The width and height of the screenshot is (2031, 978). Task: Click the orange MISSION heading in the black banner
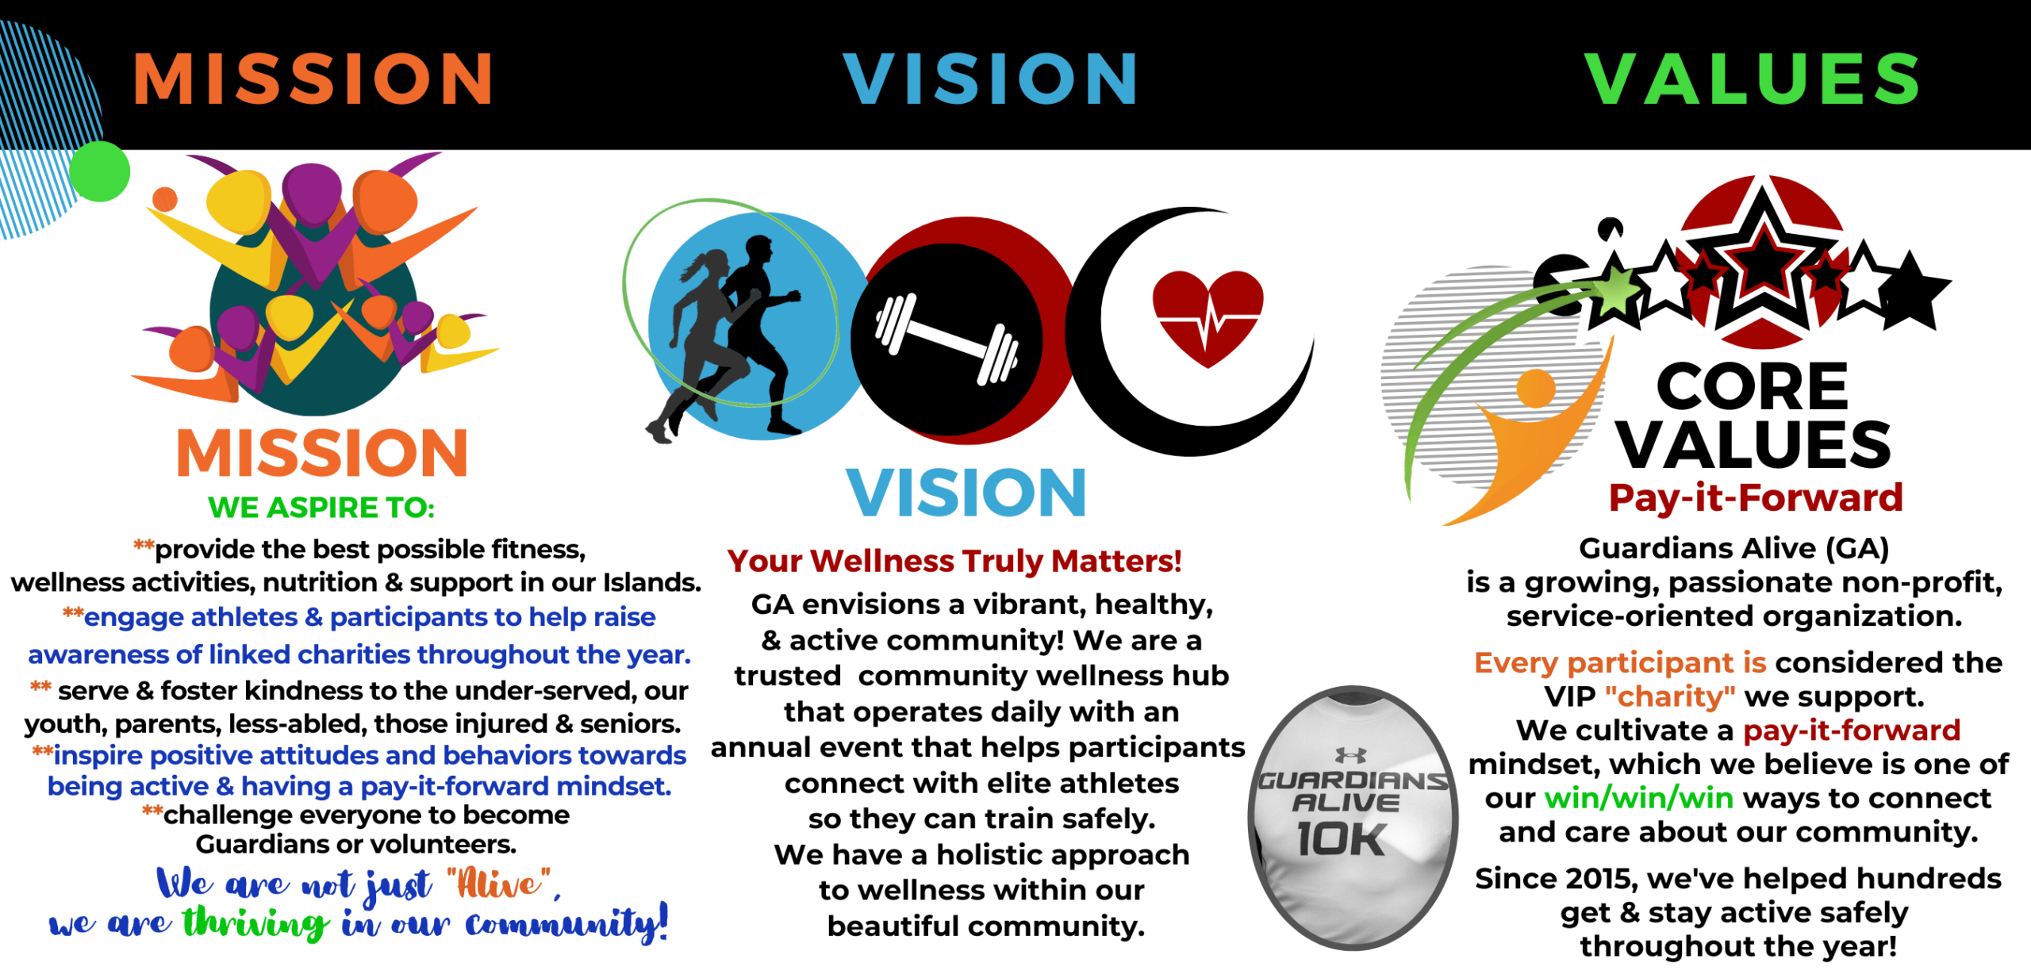click(313, 79)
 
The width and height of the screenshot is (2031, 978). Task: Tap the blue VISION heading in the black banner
click(990, 79)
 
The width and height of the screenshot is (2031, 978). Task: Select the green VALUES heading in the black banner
click(1752, 79)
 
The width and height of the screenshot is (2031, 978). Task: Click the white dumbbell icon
click(946, 340)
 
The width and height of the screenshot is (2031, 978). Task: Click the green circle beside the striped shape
click(99, 171)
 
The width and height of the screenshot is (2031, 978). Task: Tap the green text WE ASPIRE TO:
click(321, 508)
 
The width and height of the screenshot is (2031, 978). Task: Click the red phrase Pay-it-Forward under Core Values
click(1756, 498)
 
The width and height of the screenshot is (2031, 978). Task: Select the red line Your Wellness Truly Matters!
click(954, 561)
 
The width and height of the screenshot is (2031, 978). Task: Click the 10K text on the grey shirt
click(1342, 839)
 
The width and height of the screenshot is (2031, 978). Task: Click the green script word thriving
click(255, 923)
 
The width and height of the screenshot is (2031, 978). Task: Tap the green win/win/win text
click(1639, 798)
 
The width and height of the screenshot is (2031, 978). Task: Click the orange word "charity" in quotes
click(1670, 696)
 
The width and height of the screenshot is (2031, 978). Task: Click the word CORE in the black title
click(1753, 387)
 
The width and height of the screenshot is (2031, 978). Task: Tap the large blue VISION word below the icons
click(966, 493)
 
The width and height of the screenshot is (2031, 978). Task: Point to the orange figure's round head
click(1536, 388)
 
